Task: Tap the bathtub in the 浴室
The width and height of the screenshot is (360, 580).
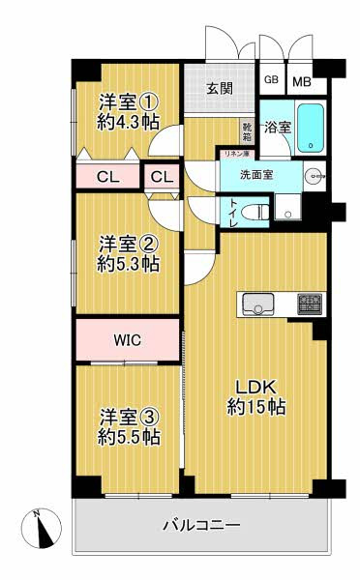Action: click(x=311, y=128)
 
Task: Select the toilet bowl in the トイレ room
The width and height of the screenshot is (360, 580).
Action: click(x=255, y=213)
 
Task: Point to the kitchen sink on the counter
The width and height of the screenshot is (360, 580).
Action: click(x=258, y=304)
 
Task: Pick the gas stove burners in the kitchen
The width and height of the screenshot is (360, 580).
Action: click(x=310, y=304)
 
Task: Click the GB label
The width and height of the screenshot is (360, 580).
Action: click(x=271, y=79)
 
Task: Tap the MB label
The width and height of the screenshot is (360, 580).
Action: click(x=302, y=81)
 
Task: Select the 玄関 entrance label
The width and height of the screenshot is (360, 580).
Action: click(x=220, y=88)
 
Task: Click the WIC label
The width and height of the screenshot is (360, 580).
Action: click(x=128, y=340)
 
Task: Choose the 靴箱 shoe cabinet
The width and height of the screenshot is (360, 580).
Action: click(x=247, y=132)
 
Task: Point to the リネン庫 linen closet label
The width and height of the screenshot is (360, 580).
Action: click(x=235, y=154)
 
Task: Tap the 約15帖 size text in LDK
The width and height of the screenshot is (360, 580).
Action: click(x=256, y=407)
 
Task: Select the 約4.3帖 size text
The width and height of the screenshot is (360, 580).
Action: click(x=129, y=122)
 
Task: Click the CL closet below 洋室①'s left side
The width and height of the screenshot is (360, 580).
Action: click(x=107, y=177)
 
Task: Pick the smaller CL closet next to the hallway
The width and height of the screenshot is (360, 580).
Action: click(x=162, y=177)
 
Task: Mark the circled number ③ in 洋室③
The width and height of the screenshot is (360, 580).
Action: click(x=149, y=418)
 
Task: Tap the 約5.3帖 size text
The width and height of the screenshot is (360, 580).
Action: click(x=129, y=264)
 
